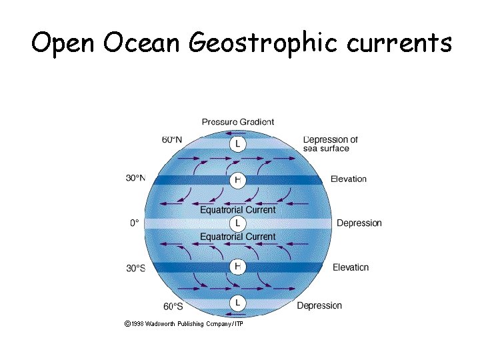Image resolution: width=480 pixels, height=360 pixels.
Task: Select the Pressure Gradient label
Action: click(x=238, y=122)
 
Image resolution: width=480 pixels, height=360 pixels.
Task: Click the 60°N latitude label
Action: click(x=171, y=139)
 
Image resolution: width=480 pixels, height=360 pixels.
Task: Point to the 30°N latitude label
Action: click(x=135, y=178)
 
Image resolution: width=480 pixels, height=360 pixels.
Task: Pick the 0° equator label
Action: click(x=135, y=223)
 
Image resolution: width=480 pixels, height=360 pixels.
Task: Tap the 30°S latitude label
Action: click(x=135, y=268)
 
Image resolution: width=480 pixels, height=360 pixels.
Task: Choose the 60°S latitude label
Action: click(x=173, y=307)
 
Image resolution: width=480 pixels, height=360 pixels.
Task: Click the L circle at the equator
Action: click(x=238, y=223)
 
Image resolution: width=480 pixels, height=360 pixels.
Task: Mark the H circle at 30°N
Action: click(x=238, y=179)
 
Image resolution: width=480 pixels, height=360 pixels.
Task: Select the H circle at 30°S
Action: click(x=238, y=267)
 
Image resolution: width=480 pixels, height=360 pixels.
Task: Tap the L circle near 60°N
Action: click(x=238, y=143)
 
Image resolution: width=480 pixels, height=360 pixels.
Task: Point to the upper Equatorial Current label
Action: click(x=238, y=209)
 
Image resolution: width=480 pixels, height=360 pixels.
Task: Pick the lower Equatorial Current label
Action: click(x=238, y=237)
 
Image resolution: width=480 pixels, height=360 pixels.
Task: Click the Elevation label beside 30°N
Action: click(x=349, y=179)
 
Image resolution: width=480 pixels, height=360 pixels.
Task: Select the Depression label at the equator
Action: click(x=359, y=223)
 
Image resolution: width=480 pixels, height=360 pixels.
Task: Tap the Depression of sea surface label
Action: click(x=331, y=144)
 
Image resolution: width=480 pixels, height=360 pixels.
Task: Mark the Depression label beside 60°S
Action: click(x=319, y=306)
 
